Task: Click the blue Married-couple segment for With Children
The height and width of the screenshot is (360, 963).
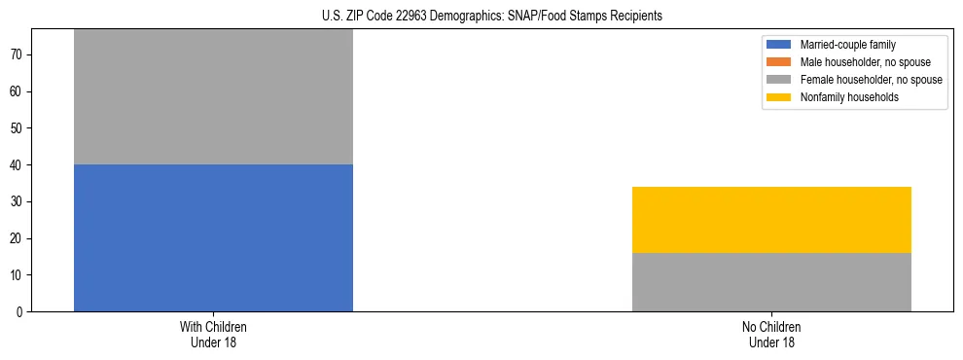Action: point(213,237)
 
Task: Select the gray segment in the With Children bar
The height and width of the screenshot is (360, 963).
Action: point(213,96)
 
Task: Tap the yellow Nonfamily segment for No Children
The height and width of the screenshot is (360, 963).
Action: point(771,220)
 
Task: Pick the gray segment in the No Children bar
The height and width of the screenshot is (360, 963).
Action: point(771,282)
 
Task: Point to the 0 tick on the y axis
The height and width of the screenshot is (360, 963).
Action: point(19,312)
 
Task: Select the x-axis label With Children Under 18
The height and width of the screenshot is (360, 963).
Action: point(213,334)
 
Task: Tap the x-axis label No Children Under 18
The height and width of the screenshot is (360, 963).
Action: point(771,334)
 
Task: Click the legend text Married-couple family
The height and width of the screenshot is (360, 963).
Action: point(847,45)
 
